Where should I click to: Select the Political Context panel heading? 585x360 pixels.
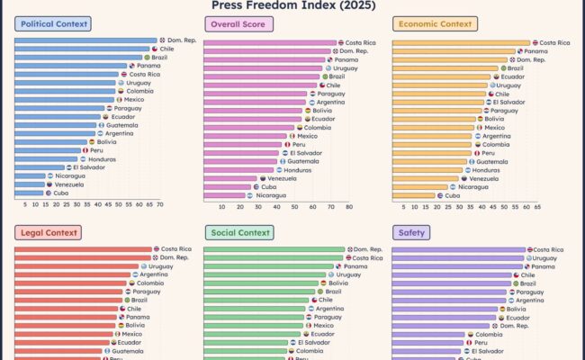[51, 24]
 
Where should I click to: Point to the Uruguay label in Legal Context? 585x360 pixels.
[161, 266]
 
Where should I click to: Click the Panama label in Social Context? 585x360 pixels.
[355, 266]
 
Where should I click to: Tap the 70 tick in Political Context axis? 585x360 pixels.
[160, 205]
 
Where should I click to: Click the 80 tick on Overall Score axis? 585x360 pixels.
[349, 207]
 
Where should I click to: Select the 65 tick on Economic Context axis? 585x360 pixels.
[537, 207]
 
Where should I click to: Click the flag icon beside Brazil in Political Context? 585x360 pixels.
[148, 58]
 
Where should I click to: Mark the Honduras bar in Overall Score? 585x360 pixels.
[238, 169]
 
